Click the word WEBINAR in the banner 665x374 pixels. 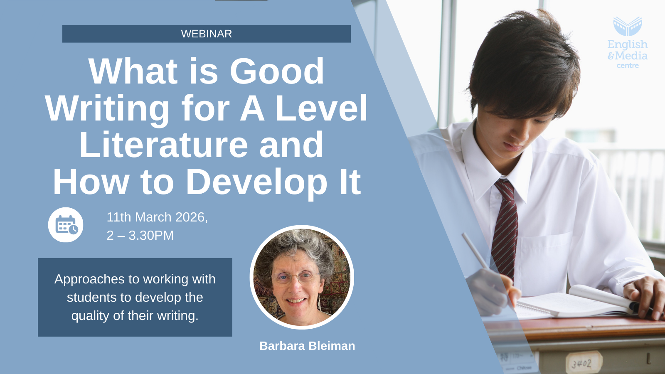[206, 34]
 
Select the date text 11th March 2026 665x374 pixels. [157, 217]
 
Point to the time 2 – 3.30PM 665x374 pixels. [140, 236]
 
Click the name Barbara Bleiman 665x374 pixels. [307, 346]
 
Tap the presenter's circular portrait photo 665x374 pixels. [302, 277]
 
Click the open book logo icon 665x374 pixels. [628, 27]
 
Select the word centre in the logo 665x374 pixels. [628, 66]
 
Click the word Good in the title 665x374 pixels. [277, 71]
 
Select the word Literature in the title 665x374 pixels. [164, 145]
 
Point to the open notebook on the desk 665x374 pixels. [573, 303]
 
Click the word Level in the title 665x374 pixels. [322, 108]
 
